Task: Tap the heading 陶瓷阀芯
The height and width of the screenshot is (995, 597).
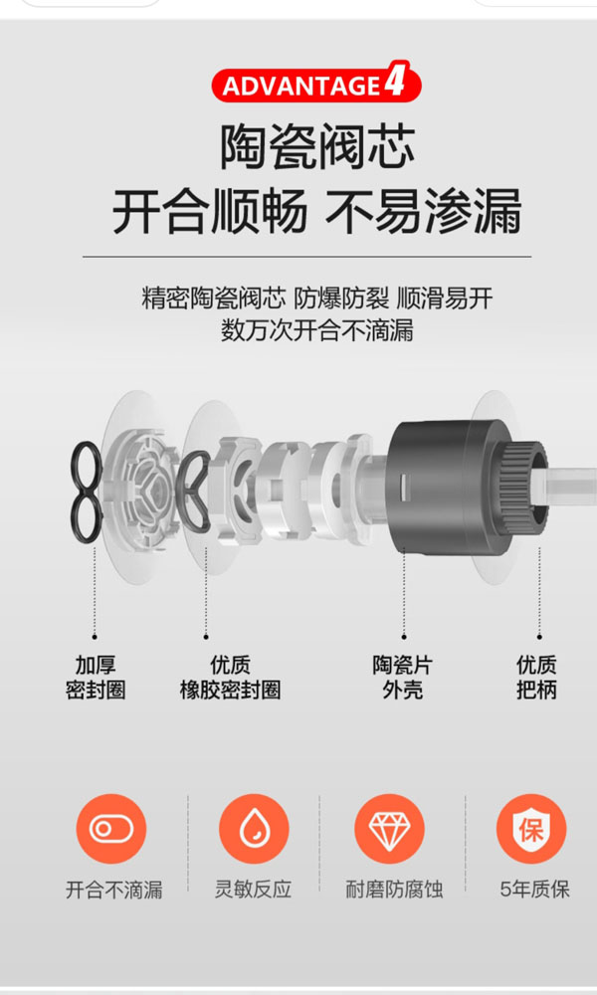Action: [317, 147]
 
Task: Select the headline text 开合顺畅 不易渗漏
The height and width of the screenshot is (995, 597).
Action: [317, 210]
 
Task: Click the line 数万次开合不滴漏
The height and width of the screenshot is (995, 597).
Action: [317, 330]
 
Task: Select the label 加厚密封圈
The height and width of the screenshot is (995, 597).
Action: [96, 678]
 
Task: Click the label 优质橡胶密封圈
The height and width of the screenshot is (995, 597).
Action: [230, 678]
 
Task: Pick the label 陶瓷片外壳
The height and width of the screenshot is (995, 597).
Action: [403, 678]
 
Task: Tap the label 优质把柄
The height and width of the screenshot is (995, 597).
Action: [536, 678]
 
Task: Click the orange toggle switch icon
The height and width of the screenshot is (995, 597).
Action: [111, 829]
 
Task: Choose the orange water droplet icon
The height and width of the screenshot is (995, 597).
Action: [254, 829]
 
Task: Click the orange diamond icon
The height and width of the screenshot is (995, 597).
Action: [389, 829]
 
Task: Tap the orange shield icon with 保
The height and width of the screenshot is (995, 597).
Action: [531, 829]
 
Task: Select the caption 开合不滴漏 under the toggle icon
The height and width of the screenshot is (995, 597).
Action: [114, 890]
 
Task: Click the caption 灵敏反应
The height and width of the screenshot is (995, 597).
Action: [253, 890]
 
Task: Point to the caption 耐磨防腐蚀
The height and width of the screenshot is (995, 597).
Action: [394, 890]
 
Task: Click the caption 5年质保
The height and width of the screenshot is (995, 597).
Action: [535, 890]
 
